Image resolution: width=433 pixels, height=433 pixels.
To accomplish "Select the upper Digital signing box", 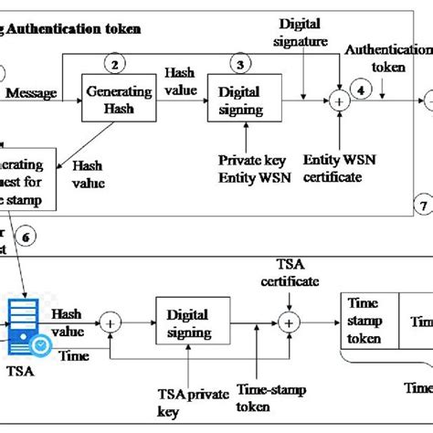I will [x=241, y=101].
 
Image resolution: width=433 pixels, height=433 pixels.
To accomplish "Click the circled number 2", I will [x=114, y=63].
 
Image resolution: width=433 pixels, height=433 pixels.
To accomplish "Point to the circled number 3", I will [x=241, y=64].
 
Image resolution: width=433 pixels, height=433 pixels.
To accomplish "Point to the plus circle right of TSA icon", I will [x=112, y=322].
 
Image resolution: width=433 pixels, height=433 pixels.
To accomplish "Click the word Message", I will [x=30, y=93].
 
